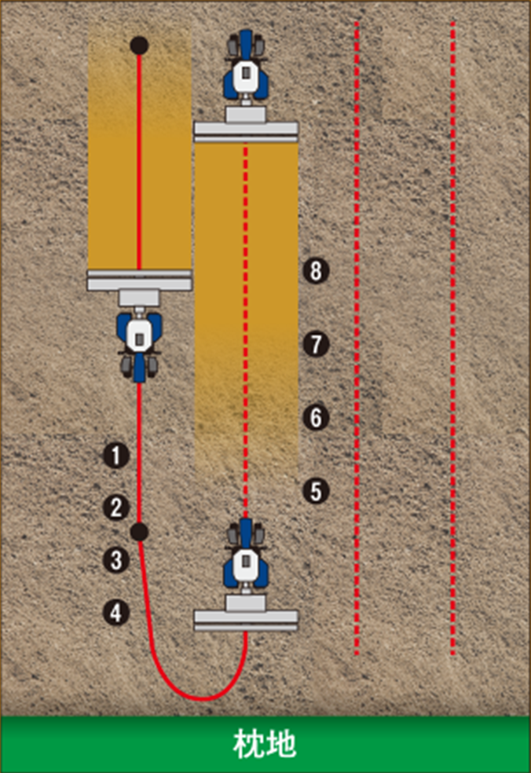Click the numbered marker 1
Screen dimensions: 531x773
pyautogui.click(x=116, y=456)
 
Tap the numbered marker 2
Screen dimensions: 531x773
pyautogui.click(x=116, y=507)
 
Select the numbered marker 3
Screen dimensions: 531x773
pyautogui.click(x=116, y=561)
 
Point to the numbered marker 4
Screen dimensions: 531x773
pyautogui.click(x=116, y=613)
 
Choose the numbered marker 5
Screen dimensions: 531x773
pyautogui.click(x=316, y=491)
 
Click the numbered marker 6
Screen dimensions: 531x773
pyautogui.click(x=316, y=417)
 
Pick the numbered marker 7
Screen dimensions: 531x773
pyautogui.click(x=316, y=344)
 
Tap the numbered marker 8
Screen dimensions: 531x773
pyautogui.click(x=316, y=271)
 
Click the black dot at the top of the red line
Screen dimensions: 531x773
pyautogui.click(x=140, y=46)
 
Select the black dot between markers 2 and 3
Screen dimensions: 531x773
pyautogui.click(x=140, y=531)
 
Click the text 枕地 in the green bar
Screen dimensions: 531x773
pyautogui.click(x=265, y=744)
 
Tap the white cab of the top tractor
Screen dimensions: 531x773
pyautogui.click(x=245, y=75)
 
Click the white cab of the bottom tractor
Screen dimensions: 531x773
pyautogui.click(x=246, y=563)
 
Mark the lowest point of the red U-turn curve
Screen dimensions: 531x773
pyautogui.click(x=203, y=698)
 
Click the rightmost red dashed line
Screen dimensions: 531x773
pyautogui.click(x=453, y=338)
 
